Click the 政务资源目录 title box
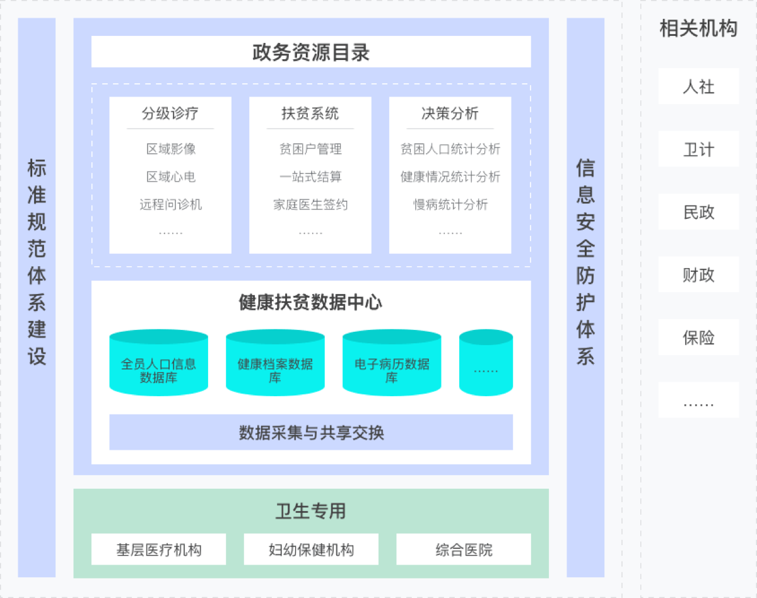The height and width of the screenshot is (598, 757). click(x=311, y=52)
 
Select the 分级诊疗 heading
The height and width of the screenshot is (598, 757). click(x=170, y=114)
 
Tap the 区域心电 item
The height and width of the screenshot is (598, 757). click(x=171, y=177)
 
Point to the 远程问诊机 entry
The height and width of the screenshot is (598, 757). click(x=171, y=204)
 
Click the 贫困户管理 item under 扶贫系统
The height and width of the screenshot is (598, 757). click(x=310, y=149)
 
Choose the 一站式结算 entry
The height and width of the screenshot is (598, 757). click(x=310, y=177)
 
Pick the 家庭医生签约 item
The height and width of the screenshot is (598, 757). click(x=310, y=204)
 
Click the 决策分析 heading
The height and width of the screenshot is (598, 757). click(x=450, y=114)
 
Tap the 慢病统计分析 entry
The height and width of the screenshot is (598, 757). click(x=450, y=204)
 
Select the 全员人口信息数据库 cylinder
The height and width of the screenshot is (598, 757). click(x=158, y=362)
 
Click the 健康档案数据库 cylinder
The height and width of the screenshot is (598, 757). click(x=275, y=362)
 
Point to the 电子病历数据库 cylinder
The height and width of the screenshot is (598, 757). click(x=392, y=362)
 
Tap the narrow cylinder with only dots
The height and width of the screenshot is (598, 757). click(x=486, y=362)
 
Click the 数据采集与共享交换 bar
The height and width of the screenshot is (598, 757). click(x=311, y=432)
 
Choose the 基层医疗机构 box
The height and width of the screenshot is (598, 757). click(x=158, y=549)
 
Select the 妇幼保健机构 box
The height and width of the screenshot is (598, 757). click(x=311, y=549)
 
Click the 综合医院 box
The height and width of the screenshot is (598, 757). click(x=464, y=549)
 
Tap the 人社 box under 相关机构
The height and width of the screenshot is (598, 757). click(x=698, y=86)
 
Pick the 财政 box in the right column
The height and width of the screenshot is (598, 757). click(x=698, y=274)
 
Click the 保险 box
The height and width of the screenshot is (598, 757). click(x=698, y=337)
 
